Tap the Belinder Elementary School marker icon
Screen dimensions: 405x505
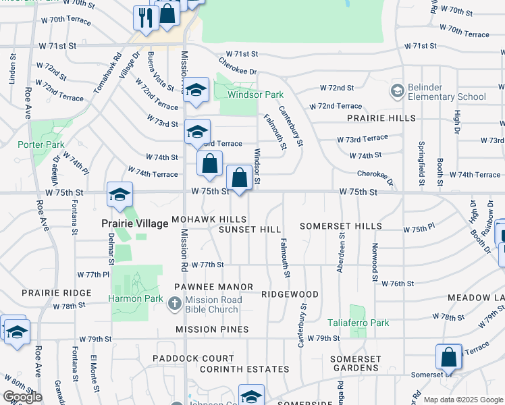pyautogui.click(x=397, y=90)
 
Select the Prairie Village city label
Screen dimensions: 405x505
pyautogui.click(x=134, y=223)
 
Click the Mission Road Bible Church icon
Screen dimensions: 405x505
pyautogui.click(x=175, y=304)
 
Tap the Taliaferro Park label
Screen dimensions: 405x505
pyautogui.click(x=358, y=323)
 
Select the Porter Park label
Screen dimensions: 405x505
pyautogui.click(x=41, y=144)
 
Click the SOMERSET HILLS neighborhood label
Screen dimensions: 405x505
pyautogui.click(x=341, y=226)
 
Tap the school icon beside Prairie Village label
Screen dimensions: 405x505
pyautogui.click(x=119, y=195)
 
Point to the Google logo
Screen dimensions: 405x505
pyautogui.click(x=22, y=397)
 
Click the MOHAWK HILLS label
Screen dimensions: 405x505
pyautogui.click(x=209, y=220)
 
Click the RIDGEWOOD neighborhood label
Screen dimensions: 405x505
pyautogui.click(x=290, y=295)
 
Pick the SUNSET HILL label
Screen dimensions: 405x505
pyautogui.click(x=250, y=230)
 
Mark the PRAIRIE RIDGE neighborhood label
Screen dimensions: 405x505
pyautogui.click(x=56, y=293)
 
